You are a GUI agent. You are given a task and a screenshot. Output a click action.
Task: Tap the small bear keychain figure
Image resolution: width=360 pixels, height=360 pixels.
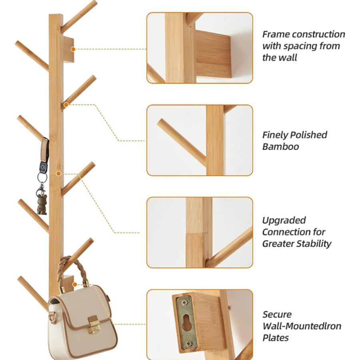coord(42,204)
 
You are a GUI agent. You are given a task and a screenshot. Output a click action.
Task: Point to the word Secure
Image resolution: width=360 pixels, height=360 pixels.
coord(277,314)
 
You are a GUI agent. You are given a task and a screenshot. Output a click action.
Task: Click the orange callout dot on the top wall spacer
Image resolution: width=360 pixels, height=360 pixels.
coord(73,49)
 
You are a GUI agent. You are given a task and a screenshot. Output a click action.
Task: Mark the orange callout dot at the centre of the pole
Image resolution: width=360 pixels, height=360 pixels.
coord(58,174)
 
